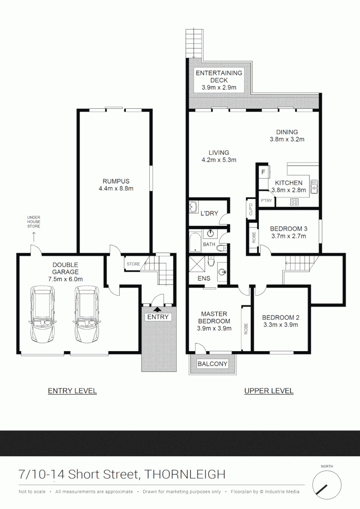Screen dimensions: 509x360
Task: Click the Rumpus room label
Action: pos(116,181)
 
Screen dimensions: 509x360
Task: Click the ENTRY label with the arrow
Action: pos(157,317)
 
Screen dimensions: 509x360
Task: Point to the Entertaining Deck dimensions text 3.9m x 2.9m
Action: pos(219,88)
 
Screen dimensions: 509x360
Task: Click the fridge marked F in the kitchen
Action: pos(263,172)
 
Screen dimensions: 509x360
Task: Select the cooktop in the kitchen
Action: pos(294,202)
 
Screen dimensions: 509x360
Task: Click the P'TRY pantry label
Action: pos(266,201)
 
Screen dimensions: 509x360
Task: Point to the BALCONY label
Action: pos(213,364)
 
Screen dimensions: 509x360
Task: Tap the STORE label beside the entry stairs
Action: pos(133,264)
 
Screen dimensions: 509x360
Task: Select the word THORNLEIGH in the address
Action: pos(185,474)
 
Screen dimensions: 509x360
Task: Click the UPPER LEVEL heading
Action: pos(269,391)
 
